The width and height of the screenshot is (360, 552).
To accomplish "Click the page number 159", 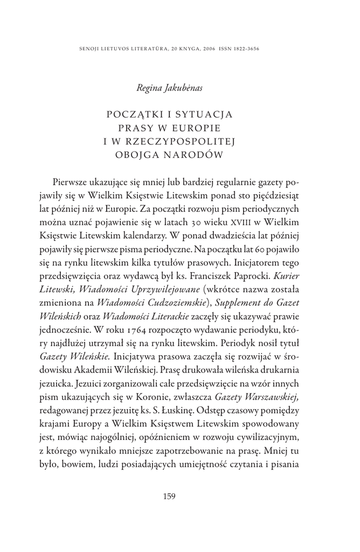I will coord(169,496).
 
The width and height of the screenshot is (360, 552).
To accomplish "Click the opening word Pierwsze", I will coord(74,180).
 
